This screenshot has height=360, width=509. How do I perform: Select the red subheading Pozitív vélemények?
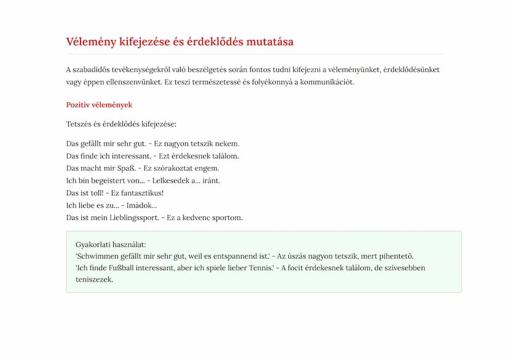(x=99, y=105)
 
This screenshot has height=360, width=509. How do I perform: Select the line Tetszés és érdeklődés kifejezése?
(x=121, y=124)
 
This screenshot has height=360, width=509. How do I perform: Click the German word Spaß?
(x=124, y=168)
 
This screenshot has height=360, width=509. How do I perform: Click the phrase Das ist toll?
(x=84, y=193)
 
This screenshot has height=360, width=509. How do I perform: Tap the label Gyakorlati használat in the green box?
(x=111, y=244)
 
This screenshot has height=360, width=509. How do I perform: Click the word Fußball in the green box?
(x=124, y=268)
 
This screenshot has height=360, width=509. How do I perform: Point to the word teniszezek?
(x=95, y=280)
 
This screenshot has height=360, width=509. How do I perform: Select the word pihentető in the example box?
(x=395, y=256)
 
